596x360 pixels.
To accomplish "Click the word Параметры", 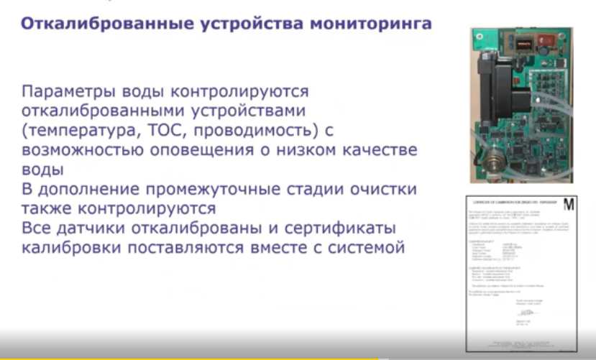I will [x=68, y=93].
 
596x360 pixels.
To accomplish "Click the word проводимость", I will [x=275, y=131].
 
